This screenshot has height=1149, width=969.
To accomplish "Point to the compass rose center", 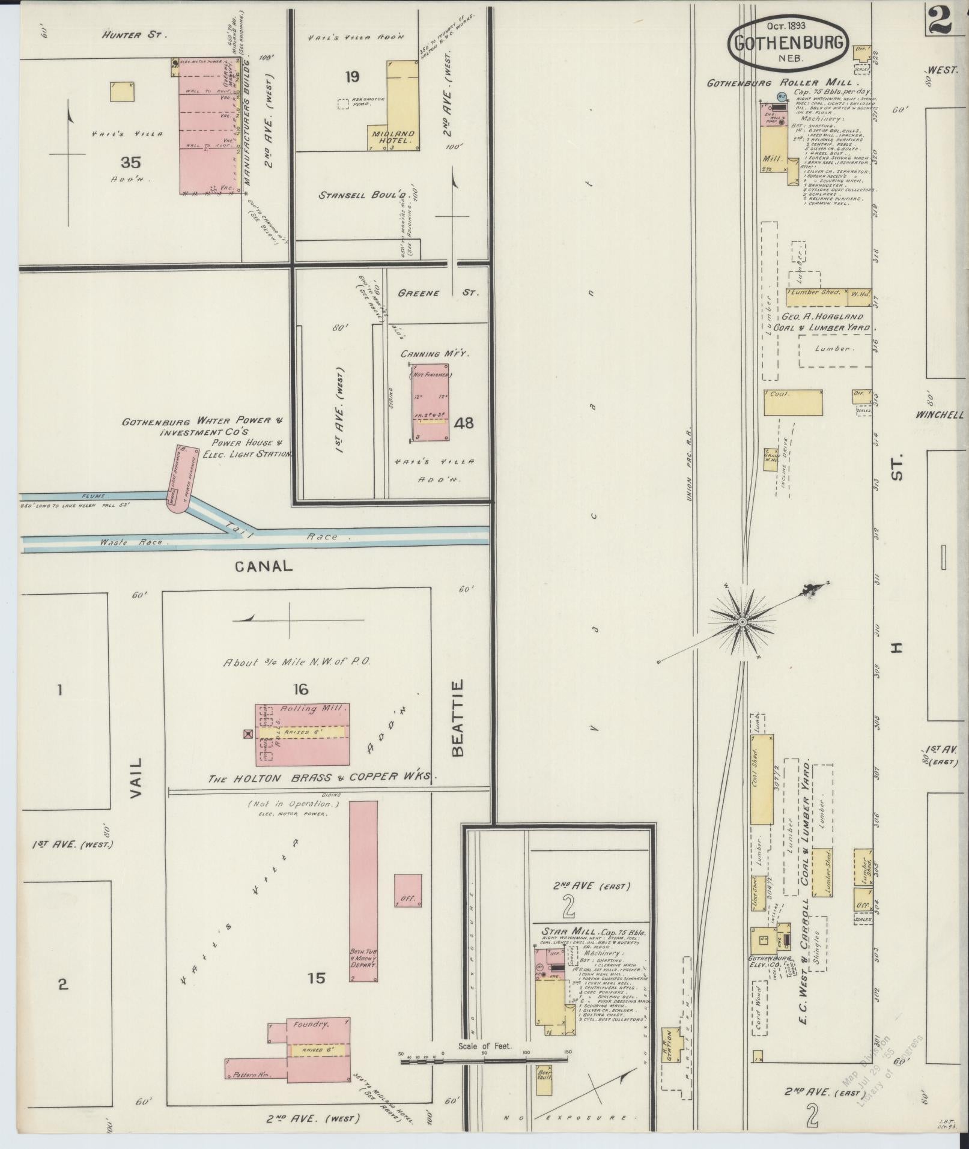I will pyautogui.click(x=743, y=622).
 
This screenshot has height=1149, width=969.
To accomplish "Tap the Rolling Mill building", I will pyautogui.click(x=302, y=734).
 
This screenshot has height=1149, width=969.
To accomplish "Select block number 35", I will pyautogui.click(x=130, y=162).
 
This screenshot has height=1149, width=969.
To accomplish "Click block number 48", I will pyautogui.click(x=464, y=423).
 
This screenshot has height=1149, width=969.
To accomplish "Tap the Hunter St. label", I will pyautogui.click(x=129, y=35).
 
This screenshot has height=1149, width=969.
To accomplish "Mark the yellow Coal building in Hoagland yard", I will pyautogui.click(x=792, y=402).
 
